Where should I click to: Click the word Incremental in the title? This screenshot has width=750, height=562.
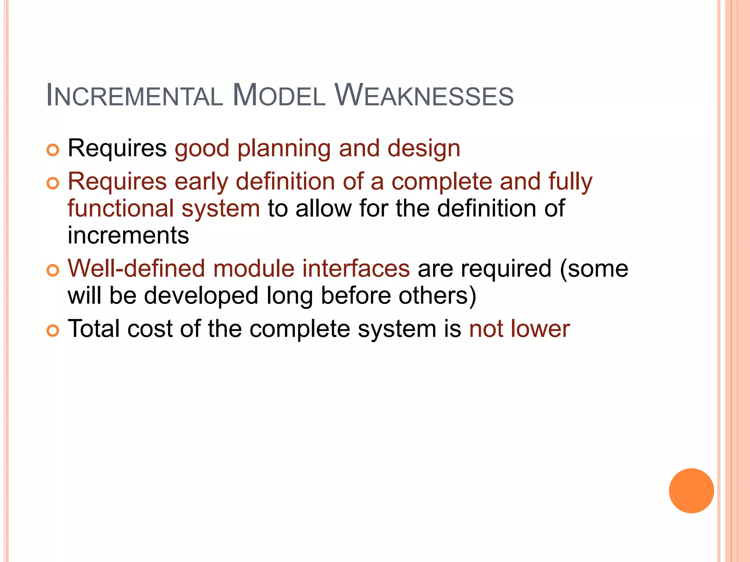coord(134,96)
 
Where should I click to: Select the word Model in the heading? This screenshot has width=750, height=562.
coord(279,96)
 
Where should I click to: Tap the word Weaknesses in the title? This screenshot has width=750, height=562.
coord(424,96)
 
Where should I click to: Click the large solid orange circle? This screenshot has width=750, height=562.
coord(691,491)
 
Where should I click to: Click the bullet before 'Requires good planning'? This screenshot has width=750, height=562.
coord(53,150)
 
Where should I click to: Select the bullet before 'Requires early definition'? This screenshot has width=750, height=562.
coord(53,183)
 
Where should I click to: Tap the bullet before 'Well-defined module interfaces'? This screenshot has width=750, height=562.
coord(53,270)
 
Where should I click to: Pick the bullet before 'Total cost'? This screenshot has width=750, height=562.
coord(53,330)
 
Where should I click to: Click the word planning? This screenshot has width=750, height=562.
coord(284,149)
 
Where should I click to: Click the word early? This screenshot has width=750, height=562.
coord(201,182)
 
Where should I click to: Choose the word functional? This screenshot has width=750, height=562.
coord(120,208)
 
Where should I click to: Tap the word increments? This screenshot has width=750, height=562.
coord(128,235)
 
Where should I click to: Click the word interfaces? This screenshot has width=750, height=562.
coord(356,269)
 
